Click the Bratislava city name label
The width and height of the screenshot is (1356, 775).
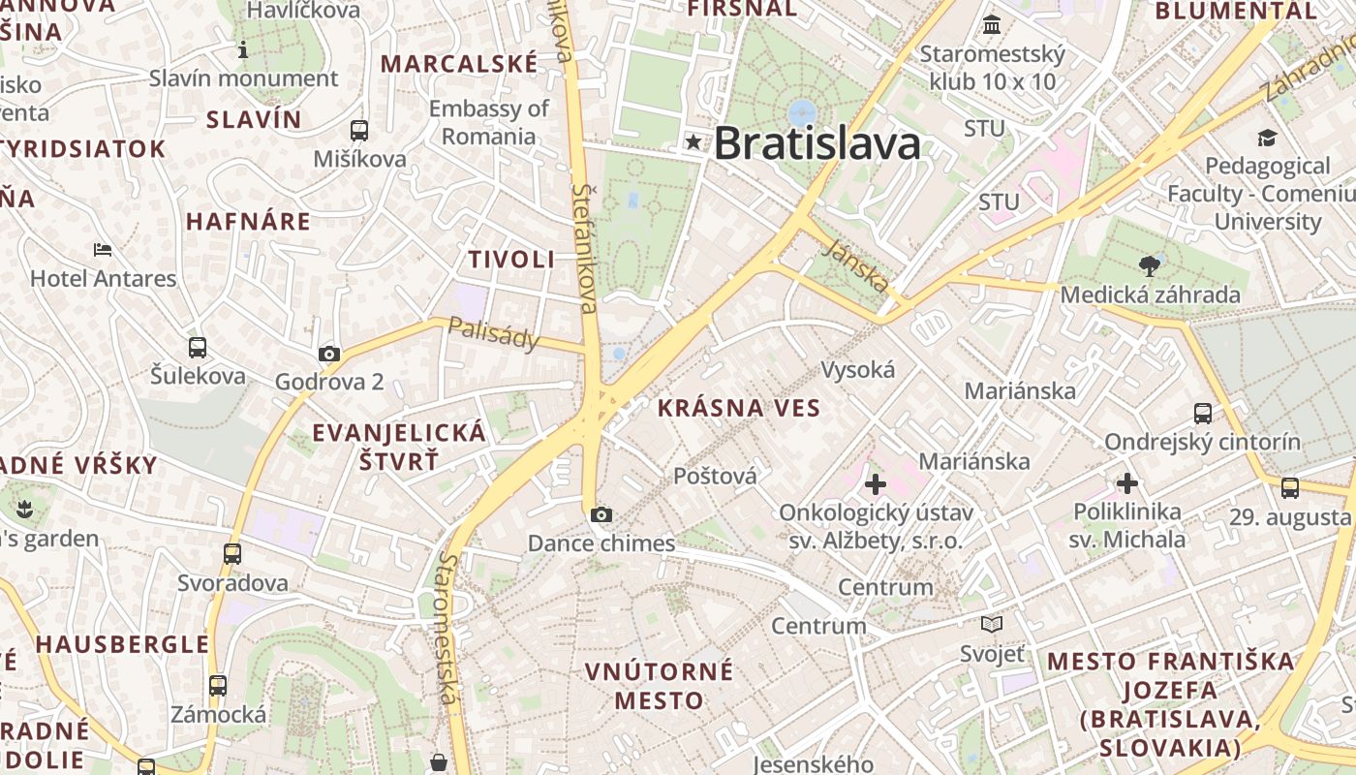pos(817,143)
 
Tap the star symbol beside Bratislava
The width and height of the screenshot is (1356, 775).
pos(693,142)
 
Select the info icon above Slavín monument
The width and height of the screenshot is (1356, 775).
pos(243,49)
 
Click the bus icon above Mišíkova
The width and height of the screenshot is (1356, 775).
pos(359,130)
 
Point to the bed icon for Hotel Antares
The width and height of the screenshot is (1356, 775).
pos(103,249)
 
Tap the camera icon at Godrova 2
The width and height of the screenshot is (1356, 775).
pos(329,354)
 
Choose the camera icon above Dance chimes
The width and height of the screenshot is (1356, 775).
pos(601,514)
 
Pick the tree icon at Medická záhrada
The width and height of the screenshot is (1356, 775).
pos(1150,265)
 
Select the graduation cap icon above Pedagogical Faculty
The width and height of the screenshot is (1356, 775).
pos(1267,138)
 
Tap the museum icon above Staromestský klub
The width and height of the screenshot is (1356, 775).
pos(992,24)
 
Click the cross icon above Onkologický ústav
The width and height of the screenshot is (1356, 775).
pos(876,483)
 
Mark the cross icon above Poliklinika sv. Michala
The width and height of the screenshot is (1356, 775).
pos(1127,482)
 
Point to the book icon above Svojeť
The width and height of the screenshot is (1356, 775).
pos(992,624)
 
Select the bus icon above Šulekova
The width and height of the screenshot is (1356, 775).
pos(198,347)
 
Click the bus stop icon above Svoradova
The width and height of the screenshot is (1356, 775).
pos(232,553)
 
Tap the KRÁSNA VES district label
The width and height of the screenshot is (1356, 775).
pos(738,408)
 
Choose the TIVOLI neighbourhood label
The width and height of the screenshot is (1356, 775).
pos(511,259)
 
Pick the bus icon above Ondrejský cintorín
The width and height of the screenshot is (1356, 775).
pos(1203,414)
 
